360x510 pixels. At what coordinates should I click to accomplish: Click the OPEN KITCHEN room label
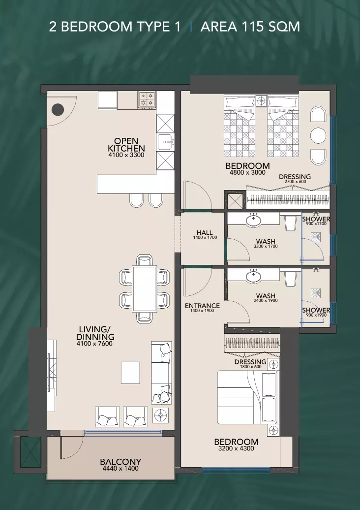tap(126, 145)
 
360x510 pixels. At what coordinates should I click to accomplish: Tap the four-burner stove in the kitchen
tap(147, 99)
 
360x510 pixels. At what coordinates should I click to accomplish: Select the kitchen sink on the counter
tap(165, 142)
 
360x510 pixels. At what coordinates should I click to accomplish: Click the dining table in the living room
tap(145, 288)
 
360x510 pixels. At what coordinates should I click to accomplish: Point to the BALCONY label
tap(120, 462)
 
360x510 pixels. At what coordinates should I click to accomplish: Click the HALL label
tap(205, 232)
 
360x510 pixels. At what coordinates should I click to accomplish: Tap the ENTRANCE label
tap(202, 306)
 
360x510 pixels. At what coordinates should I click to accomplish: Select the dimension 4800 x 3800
tap(247, 173)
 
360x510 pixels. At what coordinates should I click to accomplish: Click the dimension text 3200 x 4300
tap(236, 448)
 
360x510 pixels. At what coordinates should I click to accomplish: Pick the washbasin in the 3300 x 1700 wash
tap(253, 221)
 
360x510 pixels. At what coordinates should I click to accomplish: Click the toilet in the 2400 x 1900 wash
tap(291, 279)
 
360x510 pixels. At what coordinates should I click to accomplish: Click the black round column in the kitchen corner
tap(58, 110)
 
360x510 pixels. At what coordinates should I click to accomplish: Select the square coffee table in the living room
tap(130, 373)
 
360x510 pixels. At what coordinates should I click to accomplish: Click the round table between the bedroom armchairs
tap(318, 135)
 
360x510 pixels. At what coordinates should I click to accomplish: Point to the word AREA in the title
tap(219, 27)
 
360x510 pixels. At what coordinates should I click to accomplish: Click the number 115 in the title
tap(250, 27)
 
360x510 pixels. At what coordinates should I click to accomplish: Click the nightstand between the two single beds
tap(261, 101)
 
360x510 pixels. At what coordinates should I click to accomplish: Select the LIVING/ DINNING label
tap(95, 333)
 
